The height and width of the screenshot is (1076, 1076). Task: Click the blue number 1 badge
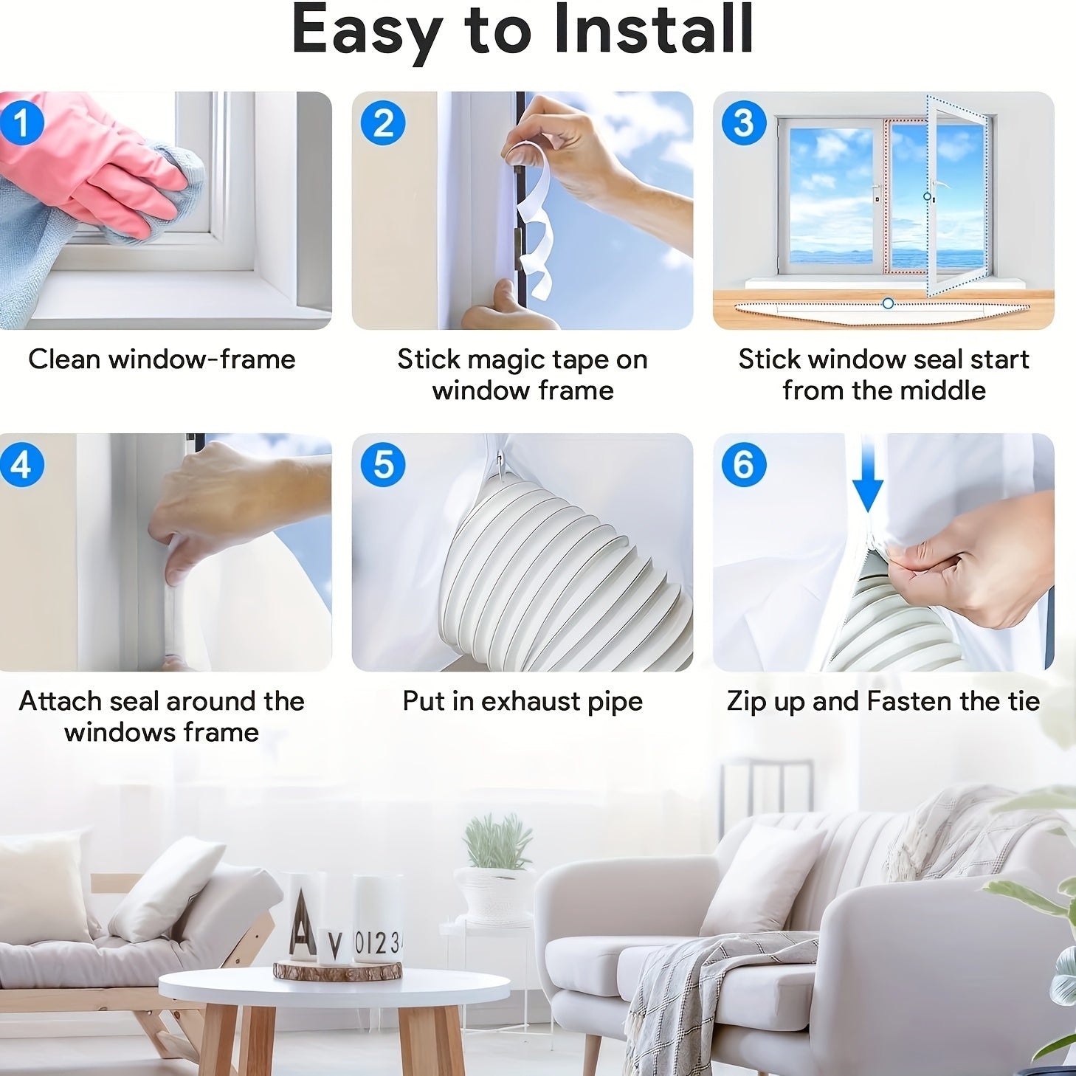click(21, 123)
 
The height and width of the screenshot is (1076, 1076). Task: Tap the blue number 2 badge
click(383, 123)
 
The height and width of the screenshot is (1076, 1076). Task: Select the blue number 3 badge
click(744, 123)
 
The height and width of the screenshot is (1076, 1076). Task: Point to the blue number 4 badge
click(21, 465)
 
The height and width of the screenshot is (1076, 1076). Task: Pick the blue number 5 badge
click(383, 465)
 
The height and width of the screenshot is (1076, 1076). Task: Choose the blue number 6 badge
click(744, 465)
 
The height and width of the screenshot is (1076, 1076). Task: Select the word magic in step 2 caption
click(514, 359)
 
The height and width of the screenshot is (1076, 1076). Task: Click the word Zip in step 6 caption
click(747, 701)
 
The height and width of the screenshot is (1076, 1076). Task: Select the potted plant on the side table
click(496, 871)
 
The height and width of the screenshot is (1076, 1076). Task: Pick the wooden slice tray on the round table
click(337, 970)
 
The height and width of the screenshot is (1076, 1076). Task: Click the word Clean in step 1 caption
click(63, 359)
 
